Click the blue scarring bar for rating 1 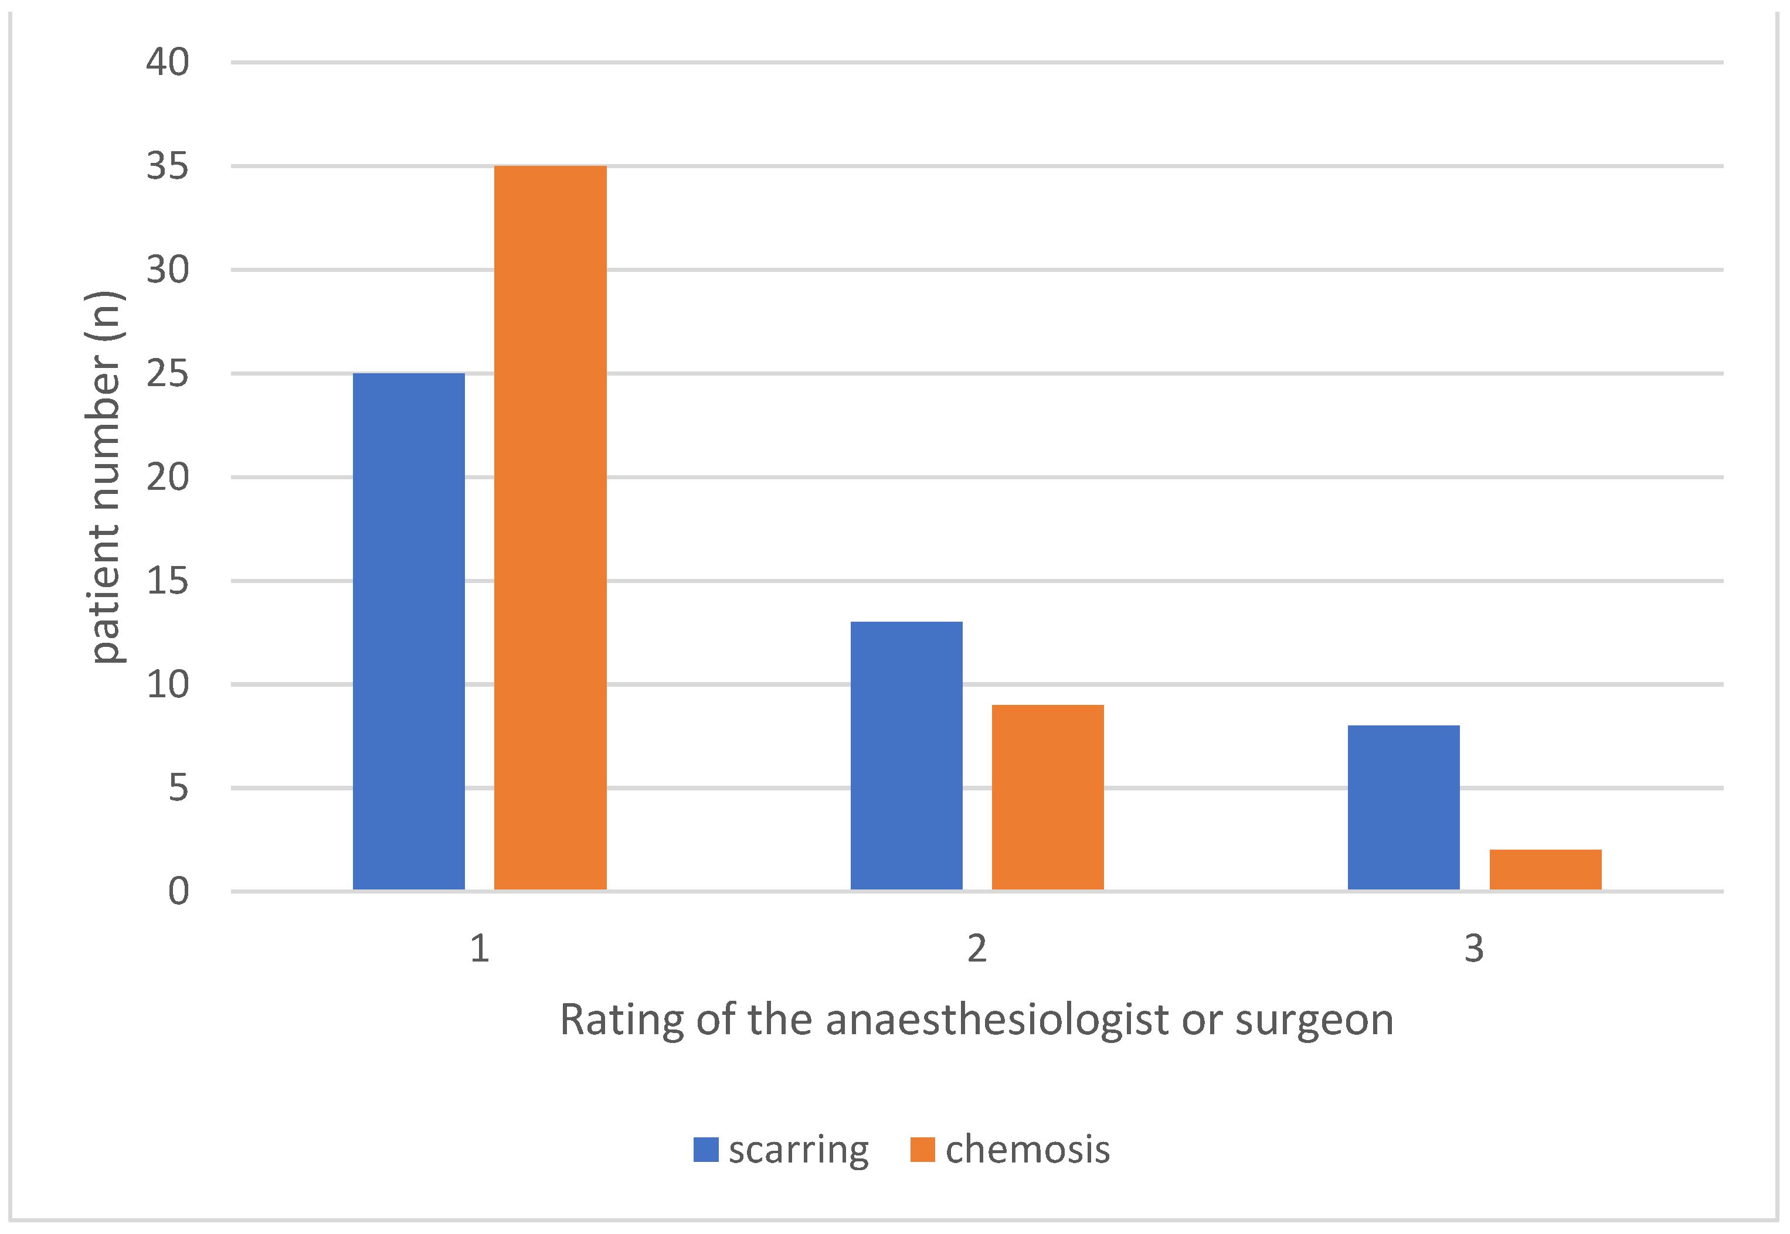409,631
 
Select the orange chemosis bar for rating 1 550,527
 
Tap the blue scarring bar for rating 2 906,755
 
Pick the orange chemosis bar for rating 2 1047,796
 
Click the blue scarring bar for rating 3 1403,807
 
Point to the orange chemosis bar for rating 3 1545,870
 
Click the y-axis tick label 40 167,62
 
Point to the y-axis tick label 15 167,581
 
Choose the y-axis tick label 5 178,789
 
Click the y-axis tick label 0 178,891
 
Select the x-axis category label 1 480,949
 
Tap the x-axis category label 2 977,949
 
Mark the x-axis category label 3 1473,949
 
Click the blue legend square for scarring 705,1150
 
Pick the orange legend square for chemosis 922,1150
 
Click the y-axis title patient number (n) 105,476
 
